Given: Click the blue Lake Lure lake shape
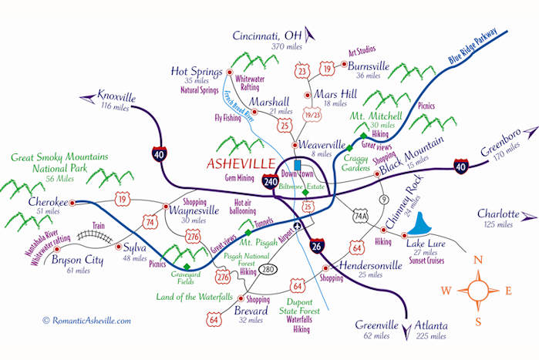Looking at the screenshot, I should click(x=420, y=224).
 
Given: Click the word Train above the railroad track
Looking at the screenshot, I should click(x=97, y=228).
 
